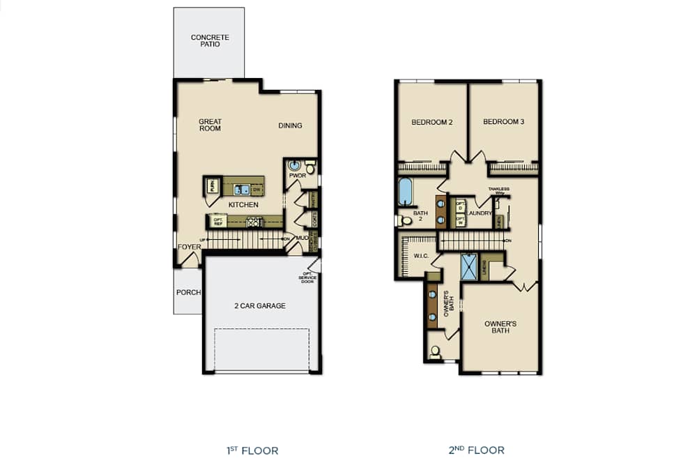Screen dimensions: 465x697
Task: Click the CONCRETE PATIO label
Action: (210, 40)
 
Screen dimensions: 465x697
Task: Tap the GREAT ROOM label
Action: (210, 125)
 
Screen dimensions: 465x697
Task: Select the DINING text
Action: (290, 125)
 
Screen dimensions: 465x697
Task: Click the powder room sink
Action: (295, 167)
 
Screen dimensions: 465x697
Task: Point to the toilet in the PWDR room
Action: (310, 167)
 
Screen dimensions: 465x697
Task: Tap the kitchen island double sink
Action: (242, 189)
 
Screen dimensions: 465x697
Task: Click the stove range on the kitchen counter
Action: (253, 222)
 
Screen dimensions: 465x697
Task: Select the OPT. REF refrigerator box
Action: (218, 222)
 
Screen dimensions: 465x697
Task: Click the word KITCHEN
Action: (243, 205)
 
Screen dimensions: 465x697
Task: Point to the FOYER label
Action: (189, 247)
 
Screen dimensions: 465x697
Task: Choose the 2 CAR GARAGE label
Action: (259, 305)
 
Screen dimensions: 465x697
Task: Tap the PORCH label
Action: (188, 292)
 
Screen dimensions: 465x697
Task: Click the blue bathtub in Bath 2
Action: (405, 192)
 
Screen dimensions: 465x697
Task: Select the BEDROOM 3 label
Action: (503, 122)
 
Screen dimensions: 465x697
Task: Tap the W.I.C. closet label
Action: (421, 255)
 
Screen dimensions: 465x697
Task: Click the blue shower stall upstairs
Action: (470, 267)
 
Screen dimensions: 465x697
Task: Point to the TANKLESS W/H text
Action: (498, 190)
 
